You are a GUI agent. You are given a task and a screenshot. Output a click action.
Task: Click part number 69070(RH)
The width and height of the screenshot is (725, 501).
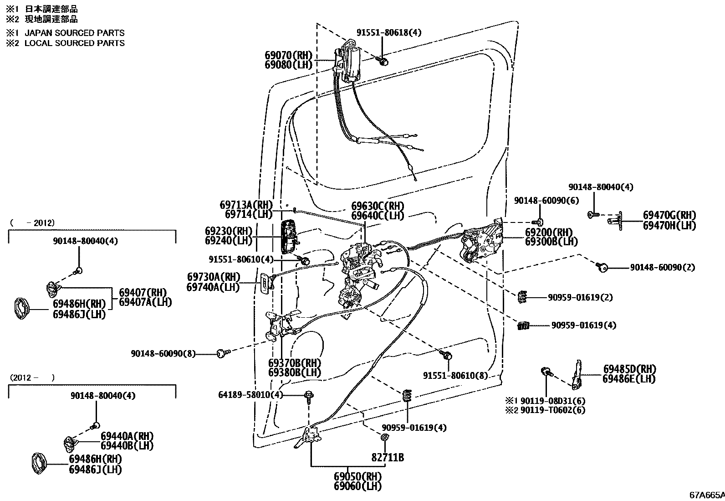pos(288,55)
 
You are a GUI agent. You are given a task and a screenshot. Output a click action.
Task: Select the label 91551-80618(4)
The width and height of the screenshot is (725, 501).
pos(388,32)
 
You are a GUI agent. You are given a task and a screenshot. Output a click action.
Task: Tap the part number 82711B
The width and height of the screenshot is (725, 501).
pos(387,457)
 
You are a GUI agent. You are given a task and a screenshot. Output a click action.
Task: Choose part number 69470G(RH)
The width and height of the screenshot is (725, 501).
pos(669,215)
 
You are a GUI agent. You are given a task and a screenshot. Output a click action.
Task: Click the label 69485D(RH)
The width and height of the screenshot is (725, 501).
pos(629,368)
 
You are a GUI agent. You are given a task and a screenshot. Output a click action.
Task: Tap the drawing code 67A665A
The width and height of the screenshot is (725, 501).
pos(706,495)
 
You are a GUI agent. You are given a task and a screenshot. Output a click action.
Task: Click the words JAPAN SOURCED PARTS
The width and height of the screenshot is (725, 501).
pos(74,33)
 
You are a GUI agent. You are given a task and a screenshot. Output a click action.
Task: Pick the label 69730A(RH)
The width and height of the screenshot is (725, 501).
pos(213,277)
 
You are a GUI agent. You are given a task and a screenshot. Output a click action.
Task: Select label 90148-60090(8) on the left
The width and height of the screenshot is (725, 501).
pos(163,353)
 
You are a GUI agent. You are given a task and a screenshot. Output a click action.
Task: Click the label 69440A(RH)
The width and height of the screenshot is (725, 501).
pos(127,435)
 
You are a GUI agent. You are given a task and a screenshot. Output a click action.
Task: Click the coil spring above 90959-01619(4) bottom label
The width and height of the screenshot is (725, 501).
pos(408,397)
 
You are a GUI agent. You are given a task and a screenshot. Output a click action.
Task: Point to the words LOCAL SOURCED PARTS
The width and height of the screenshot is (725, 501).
pos(74,43)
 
